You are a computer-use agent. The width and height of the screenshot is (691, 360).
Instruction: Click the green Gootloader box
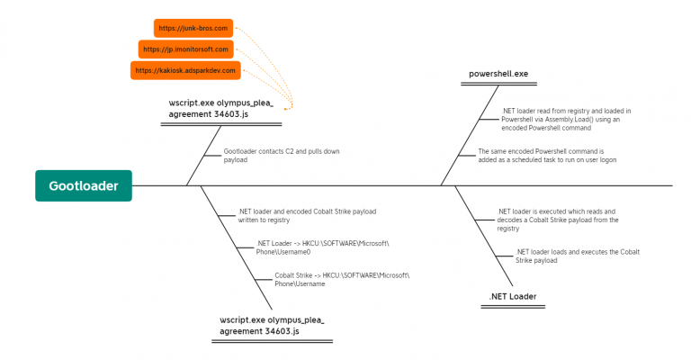click(84, 185)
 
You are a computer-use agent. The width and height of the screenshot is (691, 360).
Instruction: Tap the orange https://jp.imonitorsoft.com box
click(186, 49)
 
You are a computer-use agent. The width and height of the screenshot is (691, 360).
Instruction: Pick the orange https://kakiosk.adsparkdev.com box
click(185, 70)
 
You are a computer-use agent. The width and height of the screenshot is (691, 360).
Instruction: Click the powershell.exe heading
click(498, 73)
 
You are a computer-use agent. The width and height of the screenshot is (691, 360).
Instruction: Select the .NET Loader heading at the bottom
click(512, 296)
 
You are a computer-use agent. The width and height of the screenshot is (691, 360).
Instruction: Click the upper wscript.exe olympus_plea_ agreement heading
click(220, 109)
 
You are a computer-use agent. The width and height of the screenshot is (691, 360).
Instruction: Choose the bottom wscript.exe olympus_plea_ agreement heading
click(272, 326)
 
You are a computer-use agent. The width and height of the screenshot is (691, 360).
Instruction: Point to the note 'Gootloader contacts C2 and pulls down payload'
click(281, 156)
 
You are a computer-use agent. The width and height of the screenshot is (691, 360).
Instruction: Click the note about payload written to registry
click(307, 215)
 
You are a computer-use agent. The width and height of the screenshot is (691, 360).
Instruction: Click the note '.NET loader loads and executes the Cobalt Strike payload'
click(577, 256)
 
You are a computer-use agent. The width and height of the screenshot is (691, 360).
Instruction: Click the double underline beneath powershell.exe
click(498, 85)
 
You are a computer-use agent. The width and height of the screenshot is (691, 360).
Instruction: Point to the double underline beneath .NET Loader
click(512, 308)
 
